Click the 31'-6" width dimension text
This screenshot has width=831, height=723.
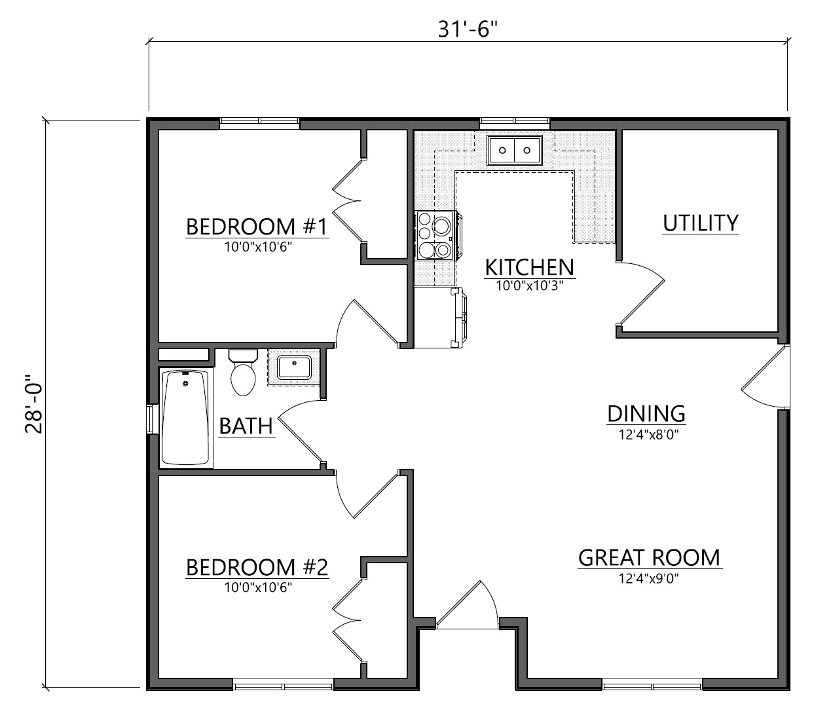tap(468, 29)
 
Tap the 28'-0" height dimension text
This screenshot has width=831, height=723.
tap(34, 404)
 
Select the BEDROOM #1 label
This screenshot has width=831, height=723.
tap(257, 227)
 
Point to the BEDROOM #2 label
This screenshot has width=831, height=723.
tap(257, 567)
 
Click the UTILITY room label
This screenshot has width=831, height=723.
tap(701, 223)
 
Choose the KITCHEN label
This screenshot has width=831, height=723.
tap(530, 267)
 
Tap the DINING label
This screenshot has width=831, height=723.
tap(646, 414)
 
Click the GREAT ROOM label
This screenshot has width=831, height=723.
tap(649, 558)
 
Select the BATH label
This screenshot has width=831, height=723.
tap(246, 426)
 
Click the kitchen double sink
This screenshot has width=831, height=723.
tap(515, 150)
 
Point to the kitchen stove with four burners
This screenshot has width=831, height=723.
tap(437, 236)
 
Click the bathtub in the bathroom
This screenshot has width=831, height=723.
tap(186, 418)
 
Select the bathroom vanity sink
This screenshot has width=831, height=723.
tap(295, 367)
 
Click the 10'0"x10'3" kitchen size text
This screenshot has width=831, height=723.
tap(530, 286)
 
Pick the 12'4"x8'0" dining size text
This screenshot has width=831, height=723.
tap(649, 435)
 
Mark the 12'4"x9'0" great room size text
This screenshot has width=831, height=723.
tap(649, 578)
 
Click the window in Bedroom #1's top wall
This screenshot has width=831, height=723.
tap(259, 124)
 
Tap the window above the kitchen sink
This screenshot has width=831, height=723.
tap(515, 124)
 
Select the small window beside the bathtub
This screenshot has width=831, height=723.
tap(152, 418)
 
